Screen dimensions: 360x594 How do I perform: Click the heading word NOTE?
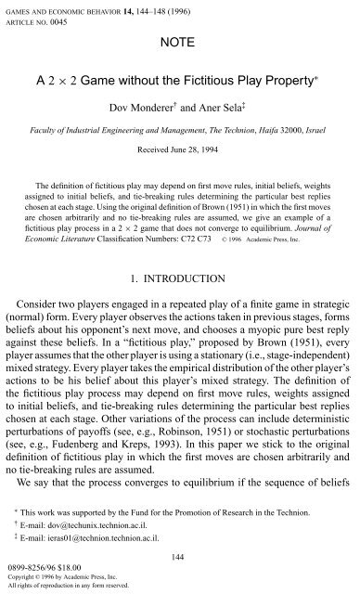pos(180,42)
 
